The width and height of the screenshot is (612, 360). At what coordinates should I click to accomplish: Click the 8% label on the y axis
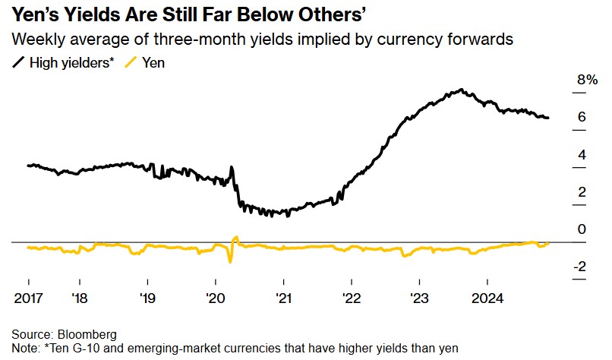tap(588, 80)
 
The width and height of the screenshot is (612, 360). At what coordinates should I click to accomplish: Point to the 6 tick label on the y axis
tap(581, 117)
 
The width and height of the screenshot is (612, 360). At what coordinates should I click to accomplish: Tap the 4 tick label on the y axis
tap(581, 154)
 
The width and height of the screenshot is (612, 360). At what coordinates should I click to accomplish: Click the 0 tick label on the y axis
tap(581, 229)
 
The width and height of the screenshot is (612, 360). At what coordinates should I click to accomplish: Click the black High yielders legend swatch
tap(19, 63)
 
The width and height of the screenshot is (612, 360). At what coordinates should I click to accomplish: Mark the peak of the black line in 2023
tap(461, 90)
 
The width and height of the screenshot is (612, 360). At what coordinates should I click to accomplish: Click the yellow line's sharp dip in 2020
tap(229, 261)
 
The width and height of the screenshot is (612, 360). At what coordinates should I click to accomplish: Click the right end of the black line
tap(548, 118)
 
